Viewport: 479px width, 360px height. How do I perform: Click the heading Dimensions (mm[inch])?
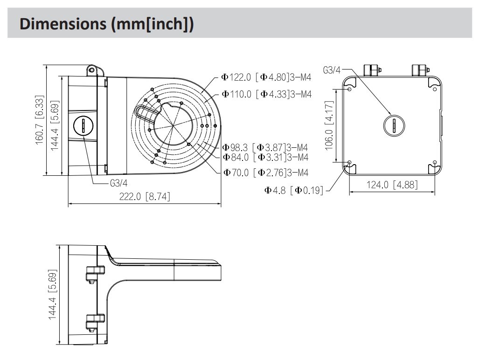[x=106, y=23]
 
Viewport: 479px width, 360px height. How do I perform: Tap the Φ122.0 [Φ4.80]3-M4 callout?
[x=266, y=77]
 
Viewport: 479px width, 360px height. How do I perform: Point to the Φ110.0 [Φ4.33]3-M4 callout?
[x=266, y=94]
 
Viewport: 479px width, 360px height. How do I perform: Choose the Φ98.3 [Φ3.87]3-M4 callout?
[x=265, y=147]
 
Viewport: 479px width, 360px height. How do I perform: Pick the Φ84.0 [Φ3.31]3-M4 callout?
[x=265, y=157]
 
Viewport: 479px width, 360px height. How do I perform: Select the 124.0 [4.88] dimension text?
[x=392, y=185]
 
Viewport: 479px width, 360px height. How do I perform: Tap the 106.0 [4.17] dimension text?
[x=328, y=125]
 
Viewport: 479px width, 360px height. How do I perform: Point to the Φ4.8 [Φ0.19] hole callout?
[x=294, y=190]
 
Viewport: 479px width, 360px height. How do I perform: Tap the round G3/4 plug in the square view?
[x=394, y=125]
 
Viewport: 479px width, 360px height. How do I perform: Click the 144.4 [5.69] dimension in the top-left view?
[x=56, y=125]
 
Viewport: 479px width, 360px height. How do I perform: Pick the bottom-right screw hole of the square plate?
[x=435, y=162]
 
